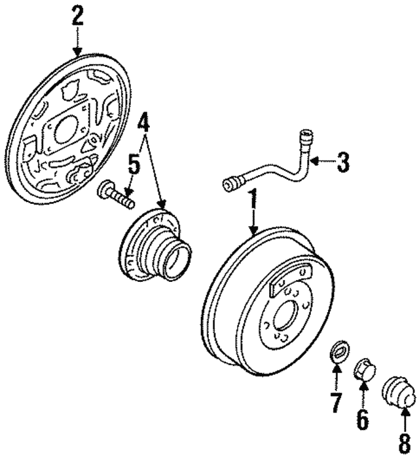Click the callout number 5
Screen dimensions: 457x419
[x=133, y=165]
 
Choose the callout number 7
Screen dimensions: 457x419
[x=336, y=402]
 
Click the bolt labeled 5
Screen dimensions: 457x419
[x=116, y=195]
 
